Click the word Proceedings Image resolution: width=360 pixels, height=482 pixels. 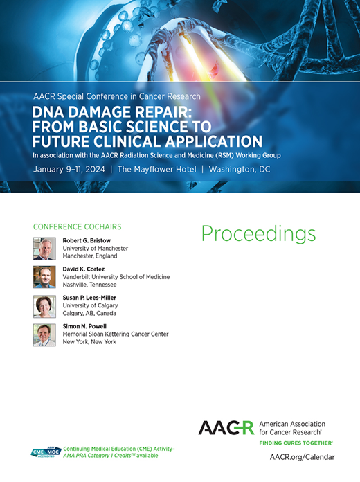pos(258,234)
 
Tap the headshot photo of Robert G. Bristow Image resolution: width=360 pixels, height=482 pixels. pos(44,248)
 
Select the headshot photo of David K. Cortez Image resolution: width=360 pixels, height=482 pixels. pos(44,277)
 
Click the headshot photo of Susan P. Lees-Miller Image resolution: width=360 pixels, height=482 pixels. pos(44,306)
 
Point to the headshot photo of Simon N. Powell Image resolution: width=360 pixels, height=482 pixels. pos(44,335)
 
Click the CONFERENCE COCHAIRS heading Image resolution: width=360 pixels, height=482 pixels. pos(78,226)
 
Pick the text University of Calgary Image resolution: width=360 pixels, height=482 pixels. pos(91,305)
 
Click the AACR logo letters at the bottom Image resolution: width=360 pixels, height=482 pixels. pos(226,427)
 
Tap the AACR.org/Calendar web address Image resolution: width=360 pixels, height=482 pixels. pos(302,457)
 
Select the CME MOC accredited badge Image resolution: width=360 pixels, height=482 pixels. pos(46,453)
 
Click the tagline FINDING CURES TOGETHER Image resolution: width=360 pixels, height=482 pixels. pos(295,442)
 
